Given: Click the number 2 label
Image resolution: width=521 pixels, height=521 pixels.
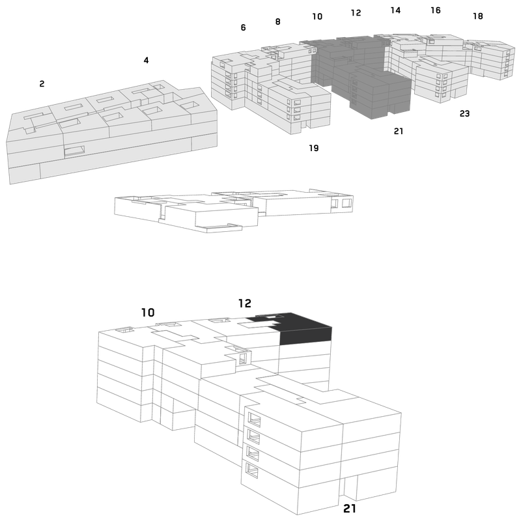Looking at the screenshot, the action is pyautogui.click(x=42, y=84).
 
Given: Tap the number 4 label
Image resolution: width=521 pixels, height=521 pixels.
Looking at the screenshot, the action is pyautogui.click(x=146, y=60).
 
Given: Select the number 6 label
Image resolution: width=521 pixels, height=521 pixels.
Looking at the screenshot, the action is pyautogui.click(x=243, y=27).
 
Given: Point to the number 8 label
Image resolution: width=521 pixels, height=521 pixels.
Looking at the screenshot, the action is pyautogui.click(x=278, y=21).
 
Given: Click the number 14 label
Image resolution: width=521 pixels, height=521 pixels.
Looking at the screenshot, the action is pyautogui.click(x=395, y=10).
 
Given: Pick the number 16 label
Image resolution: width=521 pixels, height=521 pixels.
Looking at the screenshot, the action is pyautogui.click(x=436, y=10).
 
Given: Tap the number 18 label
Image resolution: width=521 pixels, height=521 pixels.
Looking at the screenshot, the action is pyautogui.click(x=478, y=16).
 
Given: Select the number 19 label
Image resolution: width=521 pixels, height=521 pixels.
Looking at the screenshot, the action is pyautogui.click(x=314, y=148).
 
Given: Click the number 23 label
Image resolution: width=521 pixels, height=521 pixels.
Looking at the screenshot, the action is pyautogui.click(x=464, y=113).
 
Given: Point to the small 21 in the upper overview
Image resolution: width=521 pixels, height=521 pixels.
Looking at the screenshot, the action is pyautogui.click(x=399, y=132).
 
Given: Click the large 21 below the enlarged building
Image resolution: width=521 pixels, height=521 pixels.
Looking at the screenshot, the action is pyautogui.click(x=350, y=509).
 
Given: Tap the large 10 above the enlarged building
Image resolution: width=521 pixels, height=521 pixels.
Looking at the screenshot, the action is pyautogui.click(x=148, y=313).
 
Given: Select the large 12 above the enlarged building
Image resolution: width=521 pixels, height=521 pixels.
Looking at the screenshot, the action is pyautogui.click(x=245, y=303).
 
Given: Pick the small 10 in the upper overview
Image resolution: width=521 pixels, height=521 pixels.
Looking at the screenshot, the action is pyautogui.click(x=317, y=16).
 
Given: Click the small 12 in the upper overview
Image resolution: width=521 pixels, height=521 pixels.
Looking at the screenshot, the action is pyautogui.click(x=356, y=12).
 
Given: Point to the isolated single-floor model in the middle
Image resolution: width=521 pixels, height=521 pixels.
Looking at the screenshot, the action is pyautogui.click(x=234, y=210).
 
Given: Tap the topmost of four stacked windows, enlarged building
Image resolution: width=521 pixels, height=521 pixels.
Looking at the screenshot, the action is pyautogui.click(x=254, y=419).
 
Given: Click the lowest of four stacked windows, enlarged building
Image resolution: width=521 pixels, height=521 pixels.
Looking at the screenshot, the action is pyautogui.click(x=252, y=470).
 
